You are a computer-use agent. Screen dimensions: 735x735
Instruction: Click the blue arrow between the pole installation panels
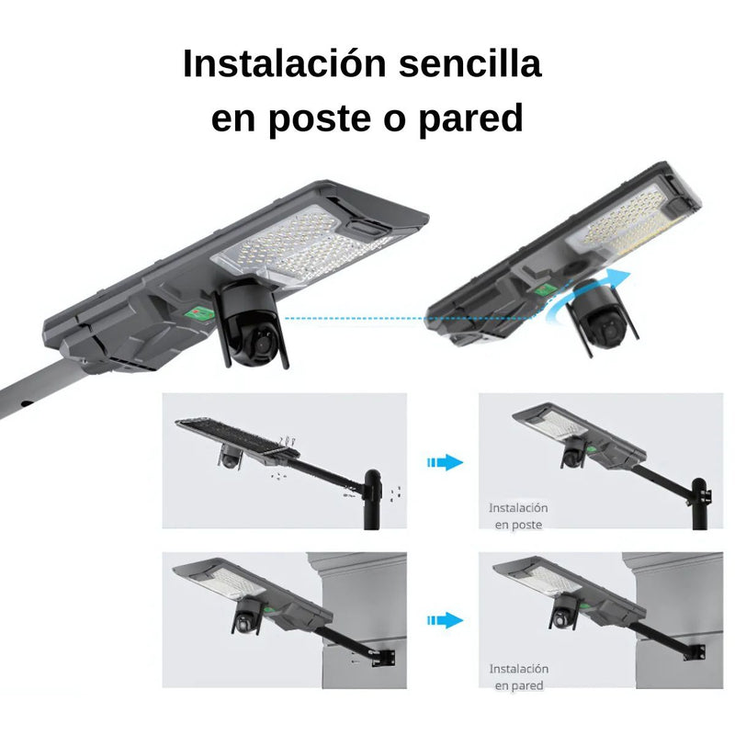pos(446,462)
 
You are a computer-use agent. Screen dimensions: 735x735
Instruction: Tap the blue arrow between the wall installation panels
pos(446,621)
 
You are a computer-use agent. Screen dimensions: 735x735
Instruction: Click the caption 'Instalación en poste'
pos(518,515)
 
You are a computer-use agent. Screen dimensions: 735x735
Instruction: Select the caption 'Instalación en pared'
pos(518,677)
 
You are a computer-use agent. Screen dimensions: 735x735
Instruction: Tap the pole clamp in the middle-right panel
pos(706,496)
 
